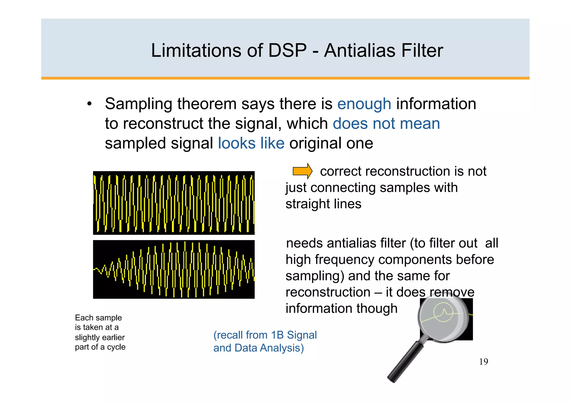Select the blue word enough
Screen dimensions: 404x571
364,104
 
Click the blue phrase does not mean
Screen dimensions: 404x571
386,124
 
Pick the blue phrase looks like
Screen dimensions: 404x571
251,144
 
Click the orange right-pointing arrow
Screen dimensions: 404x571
302,171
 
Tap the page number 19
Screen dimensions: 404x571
483,362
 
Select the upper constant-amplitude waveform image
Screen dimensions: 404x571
174,203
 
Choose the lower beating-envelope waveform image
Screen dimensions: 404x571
174,269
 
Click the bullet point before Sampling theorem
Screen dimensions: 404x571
89,104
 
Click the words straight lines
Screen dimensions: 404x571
323,204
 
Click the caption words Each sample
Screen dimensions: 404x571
98,318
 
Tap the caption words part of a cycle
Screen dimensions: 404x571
100,347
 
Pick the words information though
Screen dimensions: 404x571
341,309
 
